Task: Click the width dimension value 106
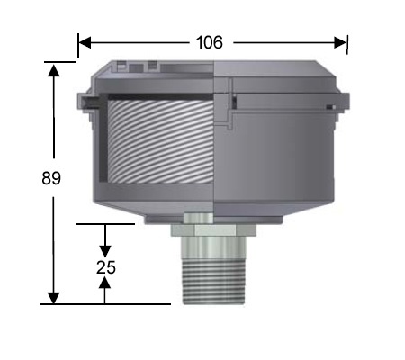point(209,42)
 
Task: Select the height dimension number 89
point(51,178)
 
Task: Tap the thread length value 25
point(105,266)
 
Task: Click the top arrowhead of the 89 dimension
point(54,69)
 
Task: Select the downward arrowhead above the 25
point(105,249)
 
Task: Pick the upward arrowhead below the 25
point(105,283)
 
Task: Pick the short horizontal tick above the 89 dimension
point(59,61)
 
